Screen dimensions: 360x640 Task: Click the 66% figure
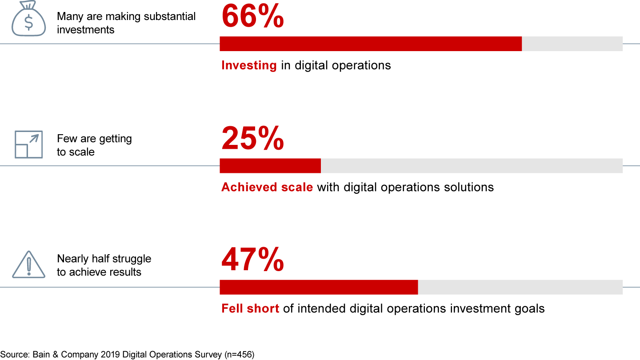point(252,16)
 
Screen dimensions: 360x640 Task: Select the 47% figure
point(252,260)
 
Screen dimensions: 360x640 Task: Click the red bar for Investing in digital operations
point(371,44)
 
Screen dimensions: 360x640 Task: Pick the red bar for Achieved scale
point(270,166)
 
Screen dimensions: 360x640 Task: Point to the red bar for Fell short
point(319,287)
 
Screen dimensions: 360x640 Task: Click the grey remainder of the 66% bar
point(572,44)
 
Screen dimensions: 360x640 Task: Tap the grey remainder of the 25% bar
point(471,166)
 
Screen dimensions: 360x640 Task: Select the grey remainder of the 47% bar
point(520,287)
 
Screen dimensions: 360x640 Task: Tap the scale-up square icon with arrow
point(28,144)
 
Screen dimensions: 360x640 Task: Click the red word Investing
point(249,65)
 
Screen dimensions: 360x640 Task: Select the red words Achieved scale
point(267,187)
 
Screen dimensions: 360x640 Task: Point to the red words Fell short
point(250,308)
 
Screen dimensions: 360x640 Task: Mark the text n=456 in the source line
point(238,355)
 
